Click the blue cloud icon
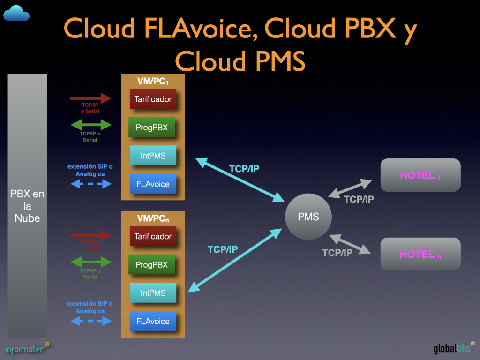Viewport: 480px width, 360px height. tap(16, 13)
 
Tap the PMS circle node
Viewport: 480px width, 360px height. tap(308, 217)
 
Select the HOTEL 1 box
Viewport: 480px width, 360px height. tap(420, 175)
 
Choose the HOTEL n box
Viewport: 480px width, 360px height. tap(420, 254)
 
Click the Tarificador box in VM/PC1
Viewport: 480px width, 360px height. tap(153, 99)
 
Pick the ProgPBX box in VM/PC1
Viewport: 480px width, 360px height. tap(151, 127)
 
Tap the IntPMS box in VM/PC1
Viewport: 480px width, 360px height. tap(153, 156)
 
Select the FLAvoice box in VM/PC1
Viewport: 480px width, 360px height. tap(153, 184)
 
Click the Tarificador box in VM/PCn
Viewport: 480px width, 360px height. tap(153, 236)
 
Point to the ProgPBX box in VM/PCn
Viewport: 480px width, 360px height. tap(151, 264)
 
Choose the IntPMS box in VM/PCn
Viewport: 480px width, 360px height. tap(153, 293)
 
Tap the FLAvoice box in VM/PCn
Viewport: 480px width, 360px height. tap(153, 321)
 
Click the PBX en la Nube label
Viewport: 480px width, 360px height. tap(27, 206)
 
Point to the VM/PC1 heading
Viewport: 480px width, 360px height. tap(153, 81)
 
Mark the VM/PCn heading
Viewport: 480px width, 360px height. tap(153, 218)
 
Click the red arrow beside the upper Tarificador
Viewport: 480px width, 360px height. tap(91, 98)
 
